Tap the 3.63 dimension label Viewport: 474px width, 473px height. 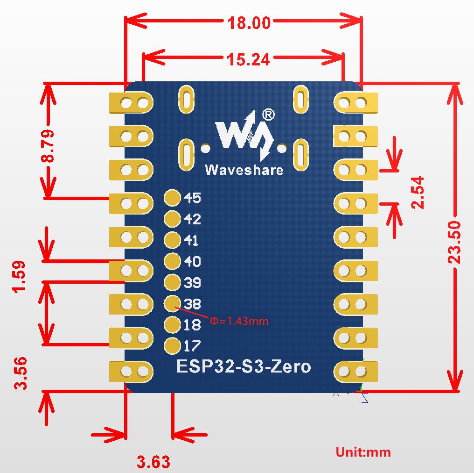click(153, 462)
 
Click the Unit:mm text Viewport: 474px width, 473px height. click(363, 452)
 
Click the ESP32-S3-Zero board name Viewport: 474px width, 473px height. click(244, 366)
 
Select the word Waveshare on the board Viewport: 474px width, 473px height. click(244, 170)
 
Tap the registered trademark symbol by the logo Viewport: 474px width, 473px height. click(269, 114)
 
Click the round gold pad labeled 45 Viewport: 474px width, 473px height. click(172, 198)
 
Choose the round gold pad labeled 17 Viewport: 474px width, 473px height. click(172, 345)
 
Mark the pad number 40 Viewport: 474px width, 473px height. click(193, 261)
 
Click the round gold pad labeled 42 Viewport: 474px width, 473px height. click(172, 218)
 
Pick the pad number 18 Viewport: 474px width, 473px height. click(193, 324)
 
